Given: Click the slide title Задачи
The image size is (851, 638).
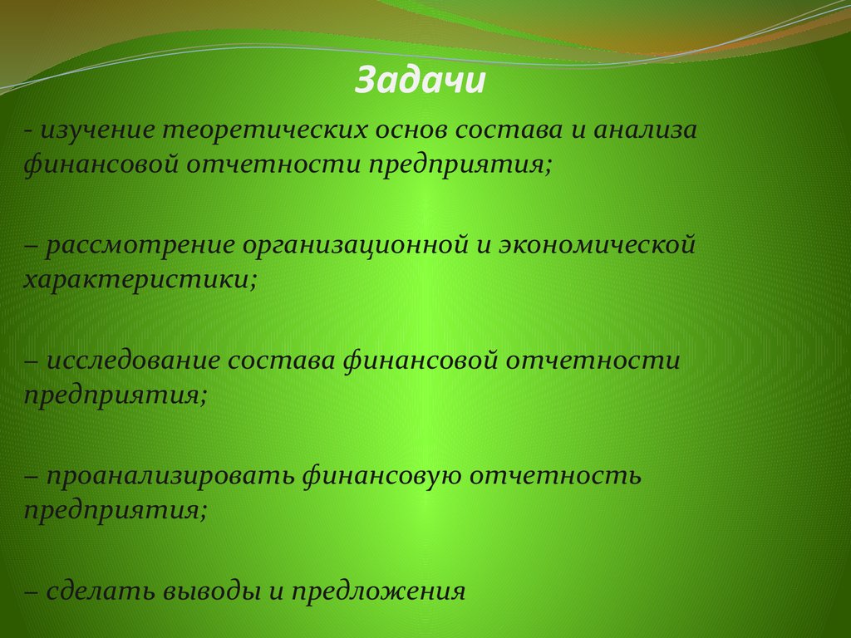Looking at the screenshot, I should coord(420,81).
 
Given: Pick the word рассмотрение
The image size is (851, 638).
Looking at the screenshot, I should coord(141,246).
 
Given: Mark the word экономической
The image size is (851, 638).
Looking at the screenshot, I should coord(596,246).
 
